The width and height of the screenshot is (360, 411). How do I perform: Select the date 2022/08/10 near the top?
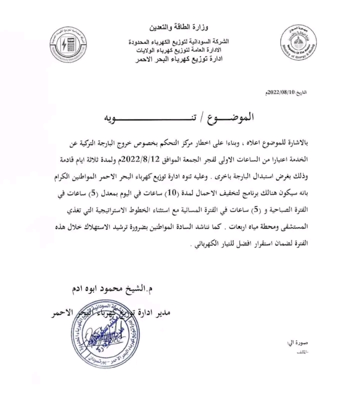pyautogui.click(x=281, y=93)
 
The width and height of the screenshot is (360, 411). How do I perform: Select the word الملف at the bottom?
pyautogui.click(x=300, y=353)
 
